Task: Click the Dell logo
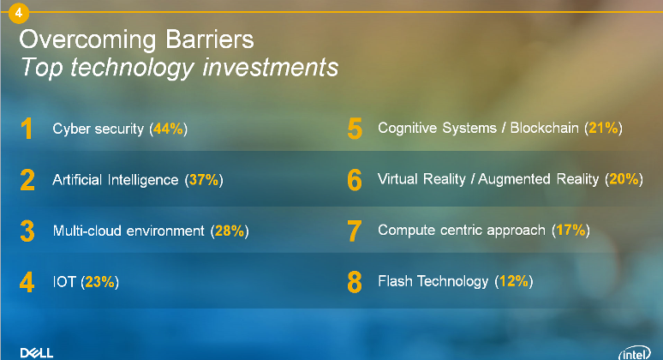37,353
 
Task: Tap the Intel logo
635,353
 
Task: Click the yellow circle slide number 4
19,13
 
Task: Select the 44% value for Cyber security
168,129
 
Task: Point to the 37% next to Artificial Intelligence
204,180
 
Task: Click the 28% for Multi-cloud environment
230,231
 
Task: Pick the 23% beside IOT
99,282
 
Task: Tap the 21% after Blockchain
603,128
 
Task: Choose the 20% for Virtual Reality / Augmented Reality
624,179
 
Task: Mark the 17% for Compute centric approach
570,230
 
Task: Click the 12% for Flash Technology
514,281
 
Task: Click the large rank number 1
27,129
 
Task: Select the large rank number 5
355,129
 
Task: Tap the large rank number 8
355,282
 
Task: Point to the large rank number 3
27,231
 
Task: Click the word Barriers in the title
209,39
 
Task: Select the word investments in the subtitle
270,67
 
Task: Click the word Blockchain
544,128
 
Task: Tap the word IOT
64,282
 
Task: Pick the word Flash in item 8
395,281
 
